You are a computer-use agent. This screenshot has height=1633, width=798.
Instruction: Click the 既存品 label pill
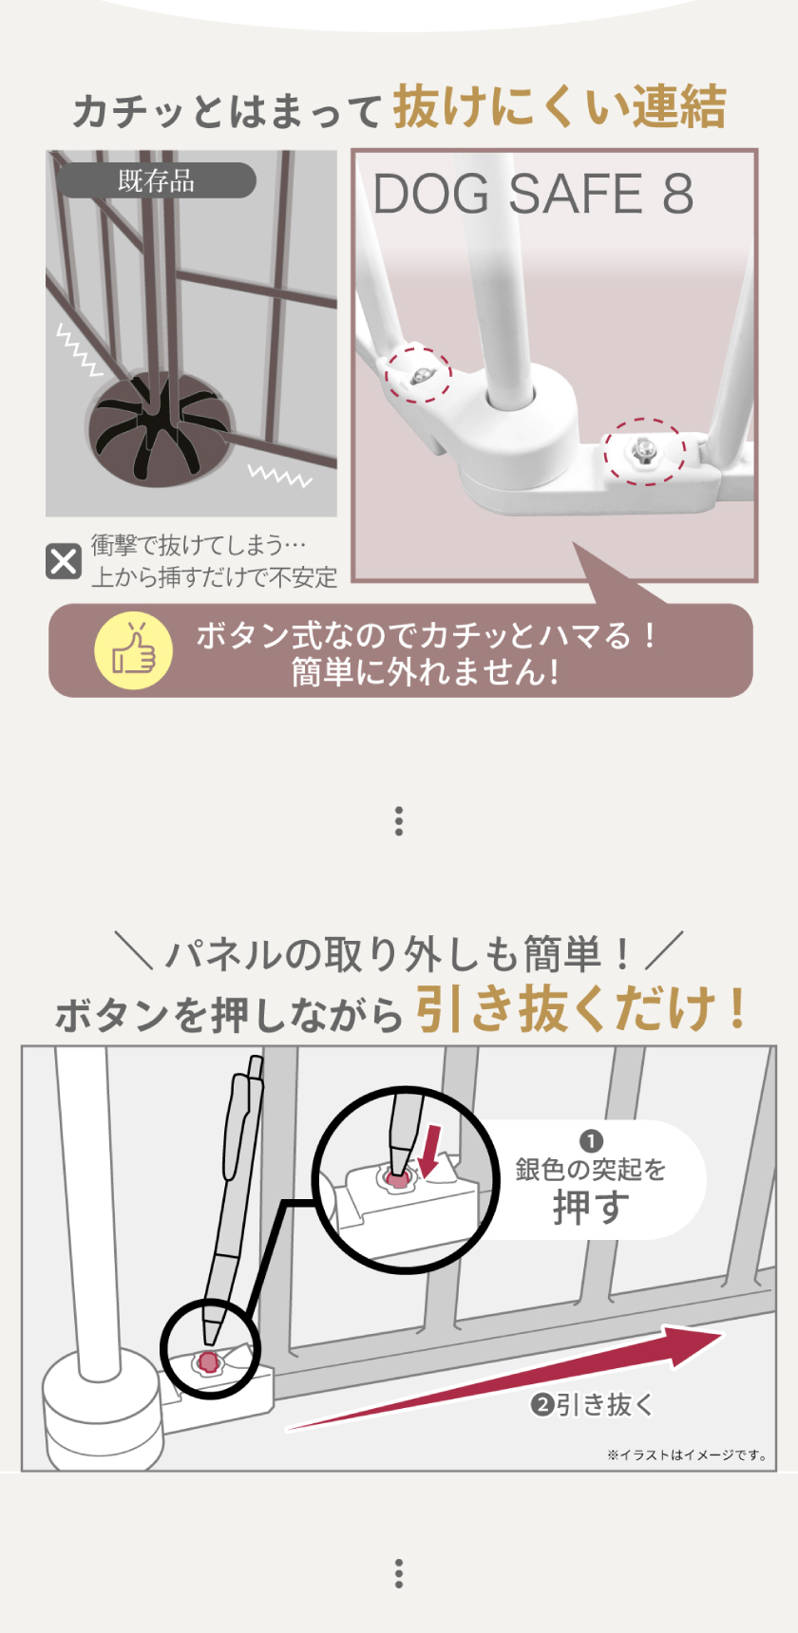point(156,180)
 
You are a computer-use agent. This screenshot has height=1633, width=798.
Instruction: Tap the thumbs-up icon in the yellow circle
point(134,650)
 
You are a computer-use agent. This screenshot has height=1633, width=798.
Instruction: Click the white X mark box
point(64,561)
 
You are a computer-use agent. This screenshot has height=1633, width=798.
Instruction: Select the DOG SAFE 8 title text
point(533,195)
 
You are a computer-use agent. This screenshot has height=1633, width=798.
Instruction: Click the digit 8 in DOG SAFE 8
point(677,195)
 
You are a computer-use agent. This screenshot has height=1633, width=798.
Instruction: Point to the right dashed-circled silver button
point(644,449)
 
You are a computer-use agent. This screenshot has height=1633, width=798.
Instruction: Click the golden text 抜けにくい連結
point(560,106)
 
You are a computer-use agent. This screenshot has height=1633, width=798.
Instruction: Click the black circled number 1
point(591,1141)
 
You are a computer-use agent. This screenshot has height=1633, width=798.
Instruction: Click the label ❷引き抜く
point(592,1404)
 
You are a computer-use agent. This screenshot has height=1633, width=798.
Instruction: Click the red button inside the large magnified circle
point(398,1178)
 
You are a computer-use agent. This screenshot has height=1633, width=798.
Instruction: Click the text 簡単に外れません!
point(425,672)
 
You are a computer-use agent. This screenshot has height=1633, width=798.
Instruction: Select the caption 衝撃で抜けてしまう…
point(199,545)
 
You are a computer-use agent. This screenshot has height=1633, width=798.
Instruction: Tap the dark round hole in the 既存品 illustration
point(160,430)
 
